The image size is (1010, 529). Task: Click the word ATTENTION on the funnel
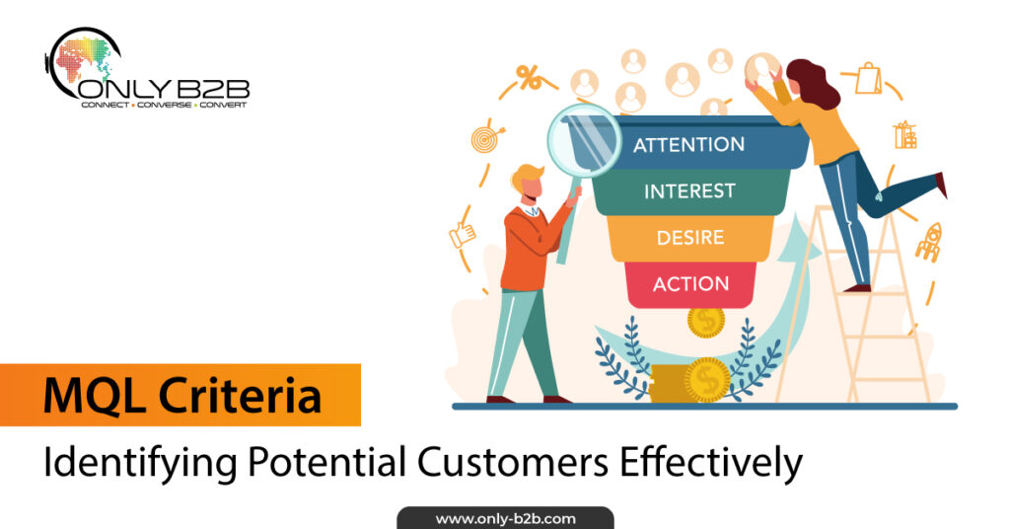click(x=688, y=144)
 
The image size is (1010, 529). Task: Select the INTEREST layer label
click(x=689, y=191)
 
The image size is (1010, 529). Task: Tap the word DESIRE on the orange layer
click(x=690, y=238)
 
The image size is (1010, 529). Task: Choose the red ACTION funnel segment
click(x=690, y=284)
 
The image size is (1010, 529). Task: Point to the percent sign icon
click(x=529, y=78)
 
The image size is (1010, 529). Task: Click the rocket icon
click(x=929, y=242)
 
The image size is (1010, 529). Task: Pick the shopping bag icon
click(x=868, y=78)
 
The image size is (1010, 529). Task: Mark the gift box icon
click(x=905, y=134)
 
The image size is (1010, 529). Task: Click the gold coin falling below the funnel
click(x=705, y=322)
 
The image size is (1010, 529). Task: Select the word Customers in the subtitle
click(x=512, y=462)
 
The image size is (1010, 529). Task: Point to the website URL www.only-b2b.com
click(x=506, y=519)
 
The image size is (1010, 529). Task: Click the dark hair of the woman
click(x=813, y=83)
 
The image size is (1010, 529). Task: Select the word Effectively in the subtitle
click(x=711, y=462)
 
